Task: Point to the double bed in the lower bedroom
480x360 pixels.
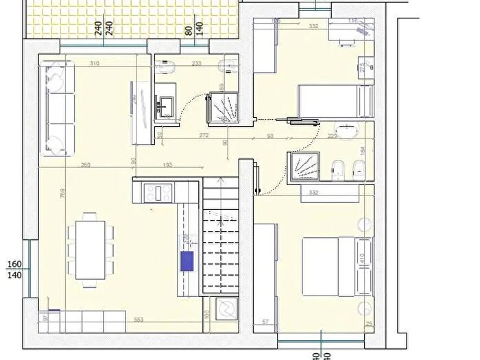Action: (x=336, y=266)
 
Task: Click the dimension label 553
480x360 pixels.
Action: (x=139, y=321)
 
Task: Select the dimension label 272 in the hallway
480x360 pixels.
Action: (x=204, y=136)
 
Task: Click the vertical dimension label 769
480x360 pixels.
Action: (x=62, y=194)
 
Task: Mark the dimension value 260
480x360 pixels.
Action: (x=85, y=165)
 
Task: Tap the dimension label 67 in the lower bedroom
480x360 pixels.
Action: (x=265, y=320)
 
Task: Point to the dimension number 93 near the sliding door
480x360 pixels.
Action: (x=271, y=136)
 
